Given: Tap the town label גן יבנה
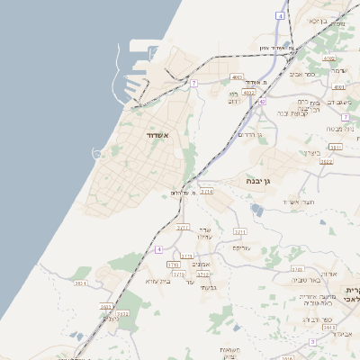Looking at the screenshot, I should click(259, 181).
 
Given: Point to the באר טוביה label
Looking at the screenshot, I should click(307, 280).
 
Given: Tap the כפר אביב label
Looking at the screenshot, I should click(302, 75).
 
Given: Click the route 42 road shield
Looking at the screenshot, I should click(262, 103).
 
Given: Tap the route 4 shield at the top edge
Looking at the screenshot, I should click(281, 16).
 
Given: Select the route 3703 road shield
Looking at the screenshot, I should click(297, 269).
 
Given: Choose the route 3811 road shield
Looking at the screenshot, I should click(336, 147).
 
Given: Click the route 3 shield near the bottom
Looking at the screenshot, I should click(312, 342).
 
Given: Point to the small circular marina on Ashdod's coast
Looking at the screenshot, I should click(96, 154).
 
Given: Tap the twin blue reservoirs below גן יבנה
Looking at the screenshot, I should click(258, 211).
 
